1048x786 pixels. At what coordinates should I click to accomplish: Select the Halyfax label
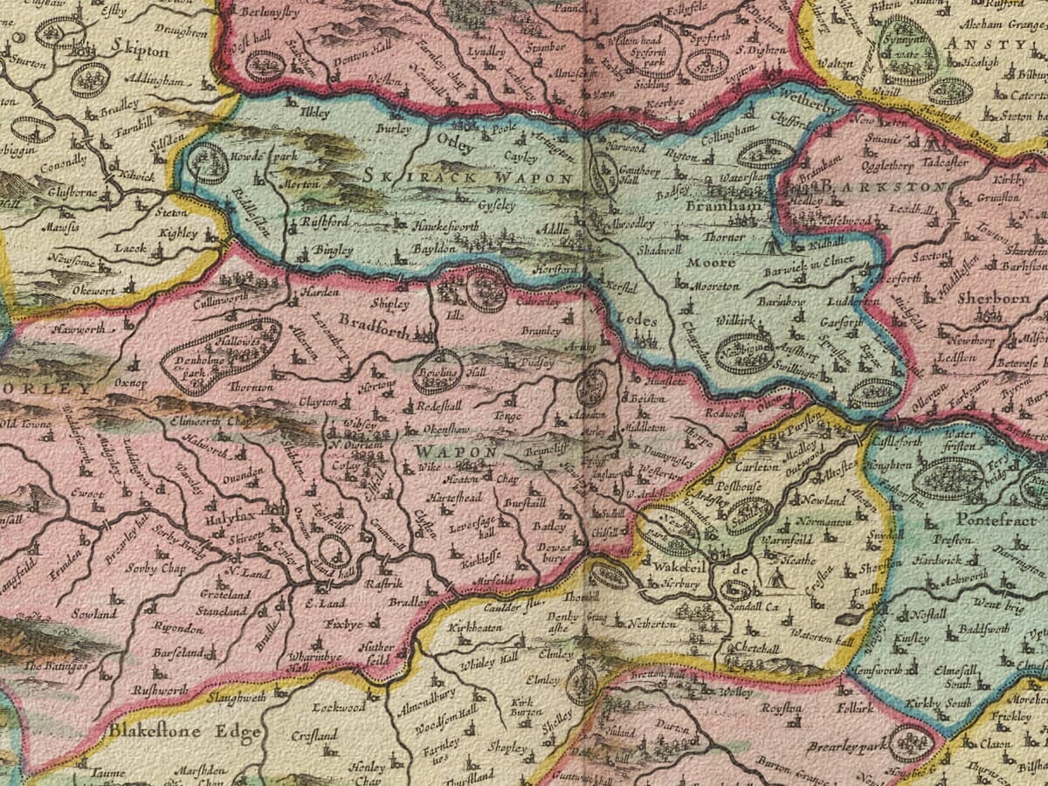[x=230, y=517]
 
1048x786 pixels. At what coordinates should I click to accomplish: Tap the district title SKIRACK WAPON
[x=468, y=177]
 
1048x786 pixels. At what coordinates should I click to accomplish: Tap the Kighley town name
[x=177, y=233]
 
